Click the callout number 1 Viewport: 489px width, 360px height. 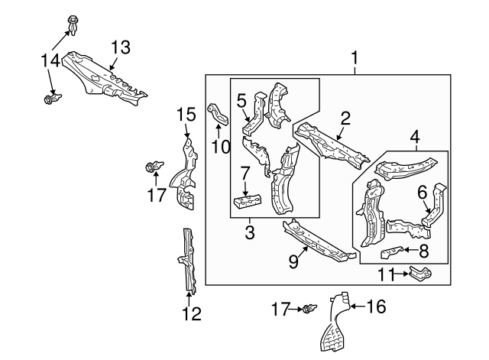pyautogui.click(x=354, y=57)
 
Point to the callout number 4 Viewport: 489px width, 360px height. pyautogui.click(x=414, y=137)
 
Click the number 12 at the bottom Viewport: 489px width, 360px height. pyautogui.click(x=193, y=313)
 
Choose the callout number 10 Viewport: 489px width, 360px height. pyautogui.click(x=221, y=145)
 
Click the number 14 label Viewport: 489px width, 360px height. pyautogui.click(x=50, y=59)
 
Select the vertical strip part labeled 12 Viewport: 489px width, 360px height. pyautogui.click(x=187, y=260)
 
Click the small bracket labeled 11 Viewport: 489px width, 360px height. pyautogui.click(x=419, y=273)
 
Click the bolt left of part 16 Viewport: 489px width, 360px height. pyautogui.click(x=309, y=309)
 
